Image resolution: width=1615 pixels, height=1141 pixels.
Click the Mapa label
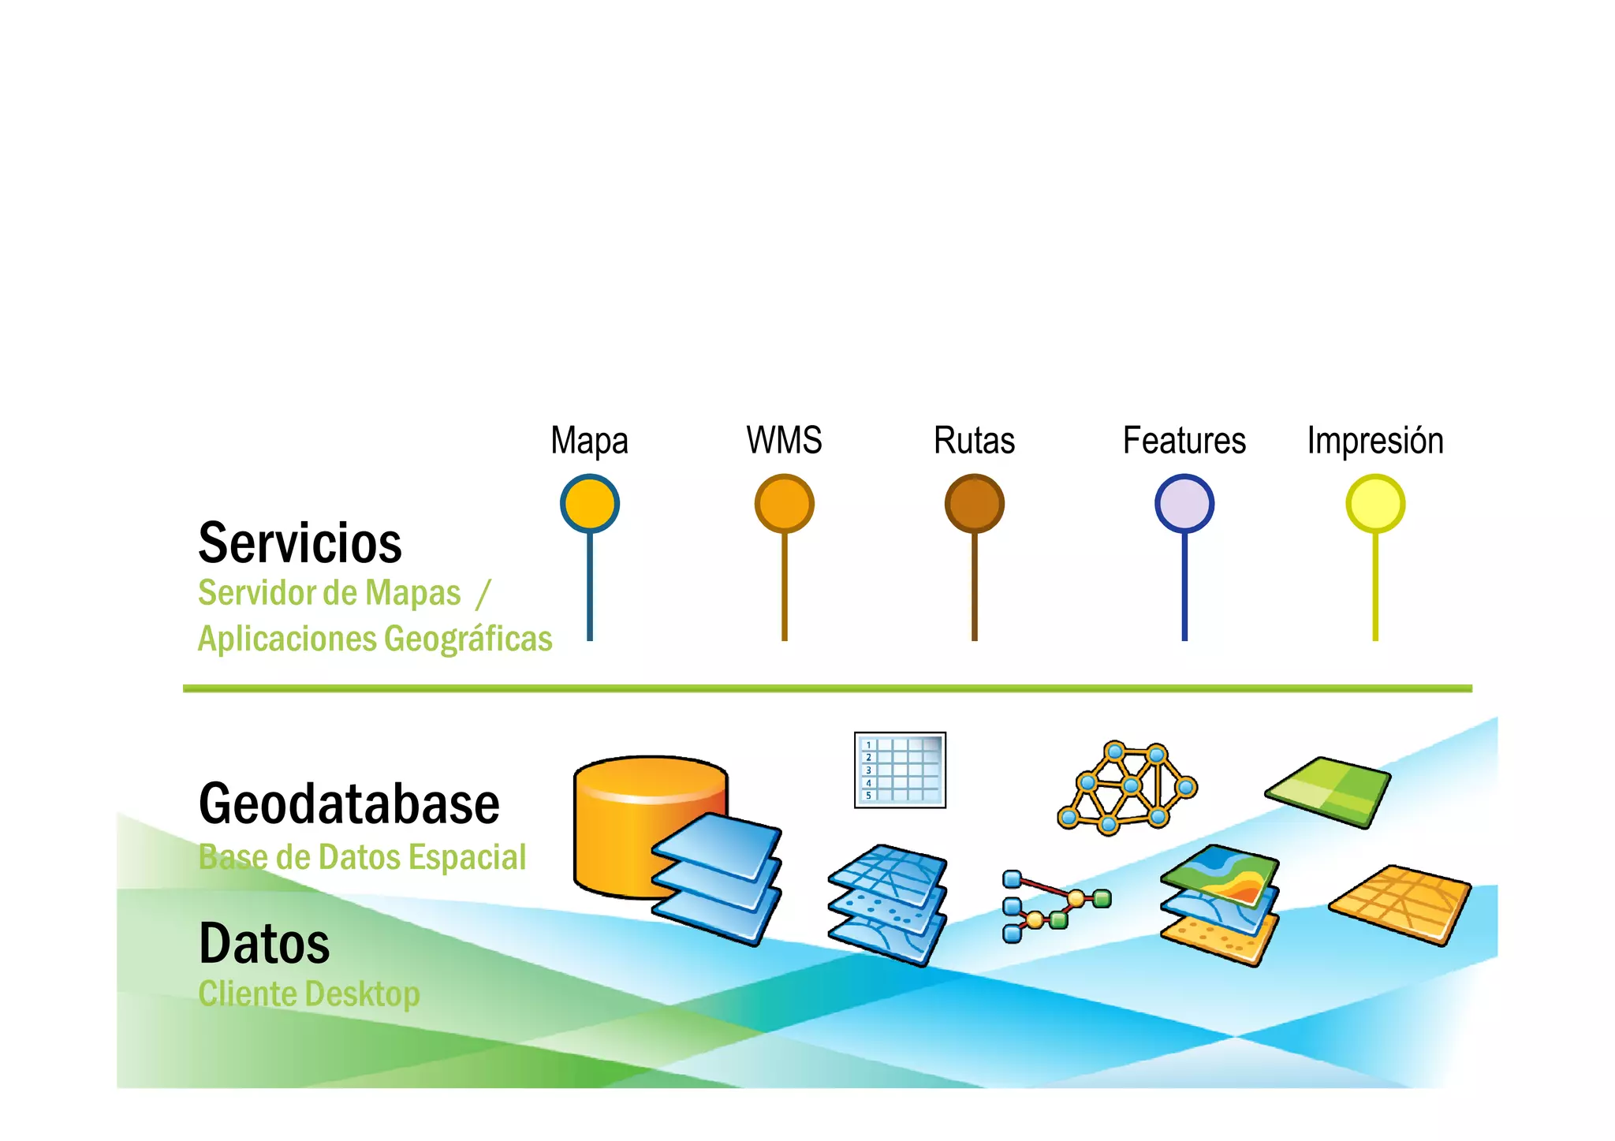point(589,441)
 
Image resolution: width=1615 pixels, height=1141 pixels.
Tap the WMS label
point(784,440)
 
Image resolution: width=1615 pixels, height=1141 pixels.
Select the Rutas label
point(974,441)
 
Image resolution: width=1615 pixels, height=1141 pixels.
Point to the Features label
point(1184,441)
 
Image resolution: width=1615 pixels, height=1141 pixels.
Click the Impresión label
point(1374,441)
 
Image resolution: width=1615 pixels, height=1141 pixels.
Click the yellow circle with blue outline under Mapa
point(589,503)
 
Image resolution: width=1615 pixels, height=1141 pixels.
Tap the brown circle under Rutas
point(974,503)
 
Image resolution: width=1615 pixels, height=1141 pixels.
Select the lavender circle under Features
point(1184,503)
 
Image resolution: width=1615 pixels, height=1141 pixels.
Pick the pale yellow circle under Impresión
point(1374,503)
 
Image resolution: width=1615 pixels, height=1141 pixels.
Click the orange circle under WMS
point(784,503)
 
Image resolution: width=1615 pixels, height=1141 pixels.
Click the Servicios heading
point(300,543)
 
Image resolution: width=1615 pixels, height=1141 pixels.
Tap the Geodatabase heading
point(349,804)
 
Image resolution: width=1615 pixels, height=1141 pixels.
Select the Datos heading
point(264,944)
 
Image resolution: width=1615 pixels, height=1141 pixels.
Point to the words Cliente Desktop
point(308,994)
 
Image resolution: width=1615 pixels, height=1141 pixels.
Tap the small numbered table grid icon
point(900,770)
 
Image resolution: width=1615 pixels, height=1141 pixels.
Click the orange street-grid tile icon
point(1401,904)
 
